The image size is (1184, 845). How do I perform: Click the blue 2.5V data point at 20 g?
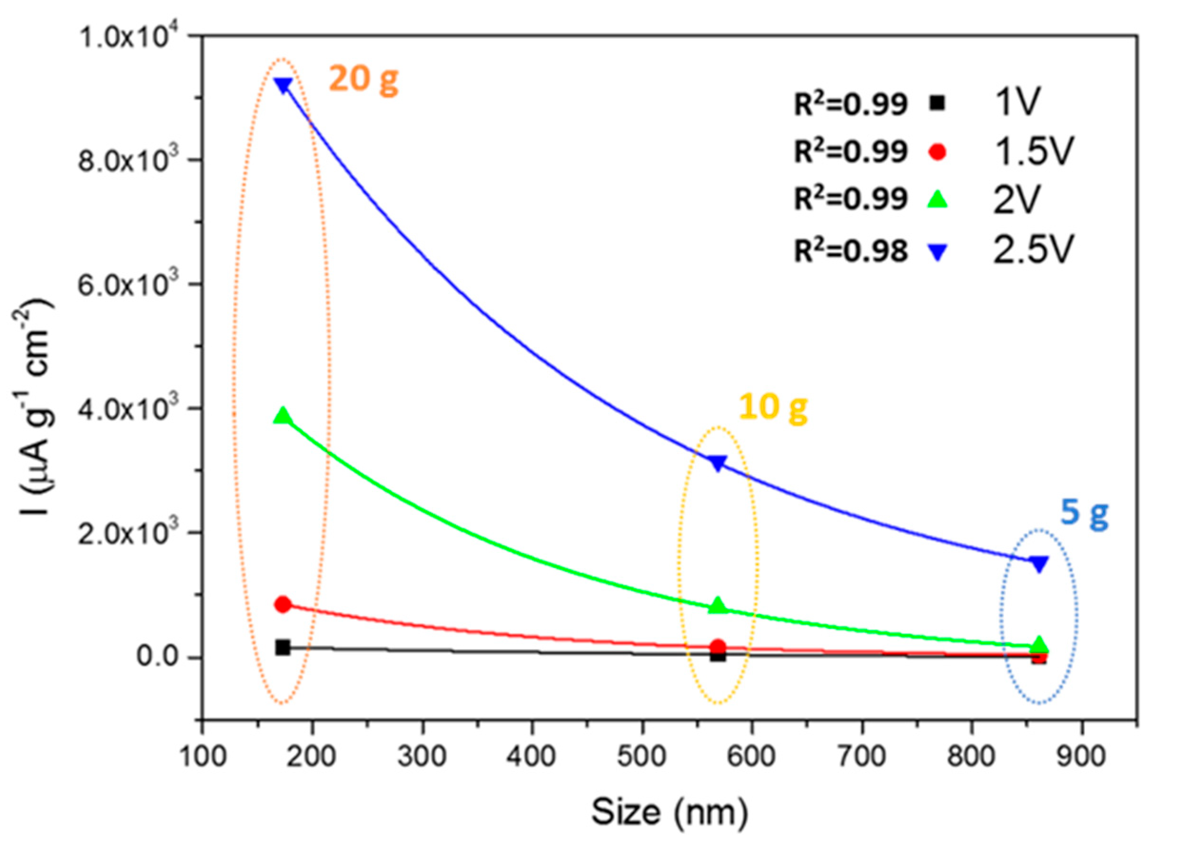point(283,85)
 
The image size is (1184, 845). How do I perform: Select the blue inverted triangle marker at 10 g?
point(718,462)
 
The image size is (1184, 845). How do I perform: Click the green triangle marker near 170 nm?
point(283,416)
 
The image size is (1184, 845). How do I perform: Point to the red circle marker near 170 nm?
point(283,604)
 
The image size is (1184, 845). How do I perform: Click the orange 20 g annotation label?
point(363,79)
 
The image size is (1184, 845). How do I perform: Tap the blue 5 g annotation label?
point(1085,515)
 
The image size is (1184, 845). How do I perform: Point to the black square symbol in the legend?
point(937,104)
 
